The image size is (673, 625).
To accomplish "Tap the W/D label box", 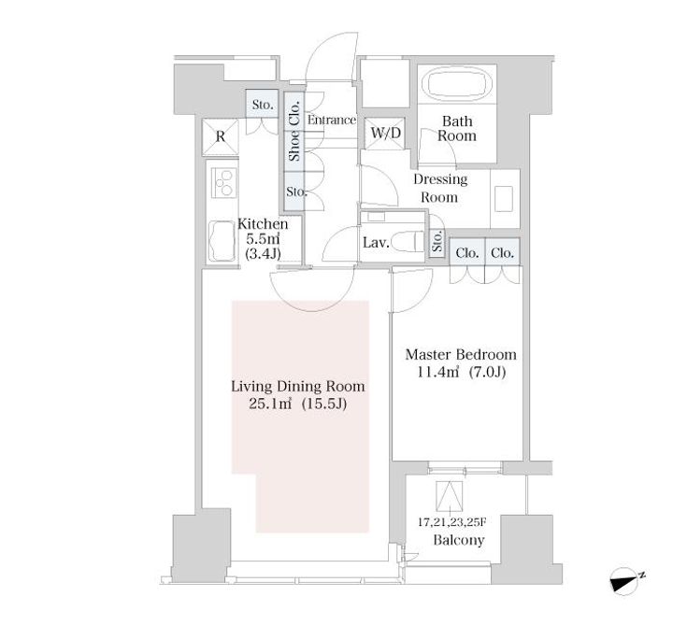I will tap(385, 134).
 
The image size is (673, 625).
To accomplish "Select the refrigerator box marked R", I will tap(221, 136).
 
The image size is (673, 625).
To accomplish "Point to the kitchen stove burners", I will tap(223, 185).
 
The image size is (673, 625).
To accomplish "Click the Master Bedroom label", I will tap(460, 355).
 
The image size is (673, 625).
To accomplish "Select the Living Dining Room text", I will tap(298, 386).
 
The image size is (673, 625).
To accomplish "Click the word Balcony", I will tap(458, 540).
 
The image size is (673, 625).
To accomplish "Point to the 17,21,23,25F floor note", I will tap(457, 522).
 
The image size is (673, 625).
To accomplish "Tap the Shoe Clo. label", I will tap(294, 131).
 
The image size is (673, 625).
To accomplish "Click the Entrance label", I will tap(332, 120).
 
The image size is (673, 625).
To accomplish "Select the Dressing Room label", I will tap(439, 188).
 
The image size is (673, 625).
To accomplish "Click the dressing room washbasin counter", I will tap(505, 197).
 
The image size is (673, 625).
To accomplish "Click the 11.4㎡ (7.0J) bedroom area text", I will tap(460, 373).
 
